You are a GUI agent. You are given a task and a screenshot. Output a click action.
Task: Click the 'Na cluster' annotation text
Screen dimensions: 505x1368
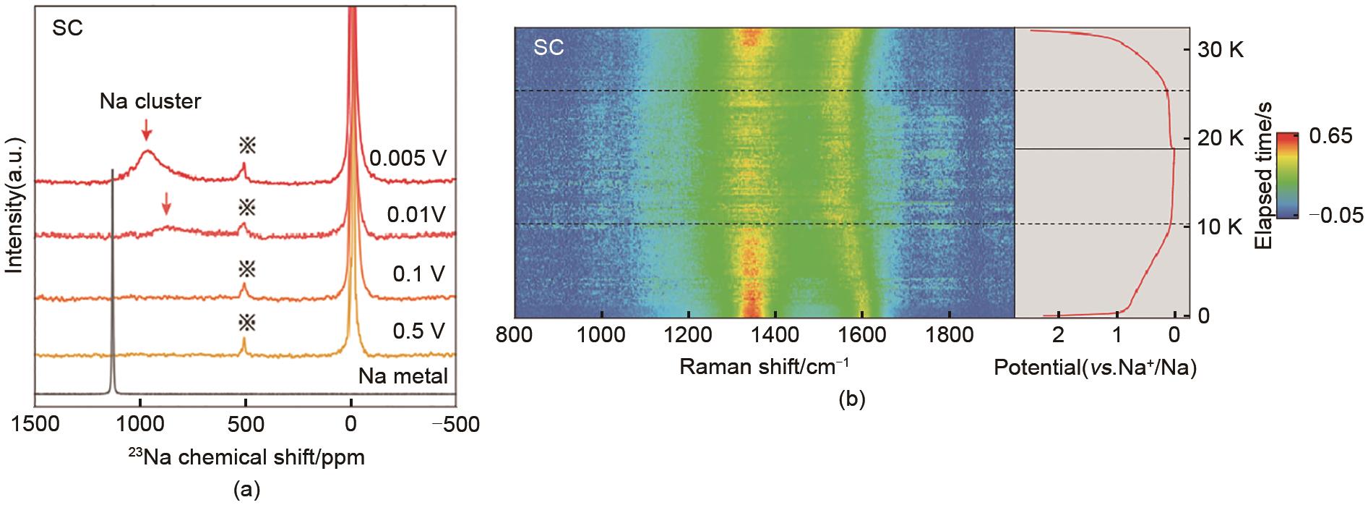(x=150, y=102)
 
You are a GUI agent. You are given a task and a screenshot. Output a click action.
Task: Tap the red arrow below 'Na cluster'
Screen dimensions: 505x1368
(x=147, y=130)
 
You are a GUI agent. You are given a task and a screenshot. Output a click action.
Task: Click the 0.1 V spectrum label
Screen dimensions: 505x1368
(x=418, y=274)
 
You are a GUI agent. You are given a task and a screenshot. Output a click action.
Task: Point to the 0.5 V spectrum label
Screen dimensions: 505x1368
(x=418, y=331)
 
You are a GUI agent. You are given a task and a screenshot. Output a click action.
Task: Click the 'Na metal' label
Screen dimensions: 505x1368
(x=403, y=376)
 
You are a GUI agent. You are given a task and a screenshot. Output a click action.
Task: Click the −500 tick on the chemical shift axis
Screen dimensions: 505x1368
(x=455, y=424)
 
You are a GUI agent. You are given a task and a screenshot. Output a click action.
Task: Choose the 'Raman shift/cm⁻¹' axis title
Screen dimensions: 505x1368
(x=765, y=367)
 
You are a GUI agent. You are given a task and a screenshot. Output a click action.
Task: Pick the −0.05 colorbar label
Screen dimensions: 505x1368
(x=1336, y=215)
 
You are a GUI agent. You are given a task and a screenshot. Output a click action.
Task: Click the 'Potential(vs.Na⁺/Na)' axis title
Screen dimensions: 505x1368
(x=1096, y=368)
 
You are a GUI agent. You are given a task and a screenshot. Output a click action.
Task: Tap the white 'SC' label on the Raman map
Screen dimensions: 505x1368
(x=549, y=48)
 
